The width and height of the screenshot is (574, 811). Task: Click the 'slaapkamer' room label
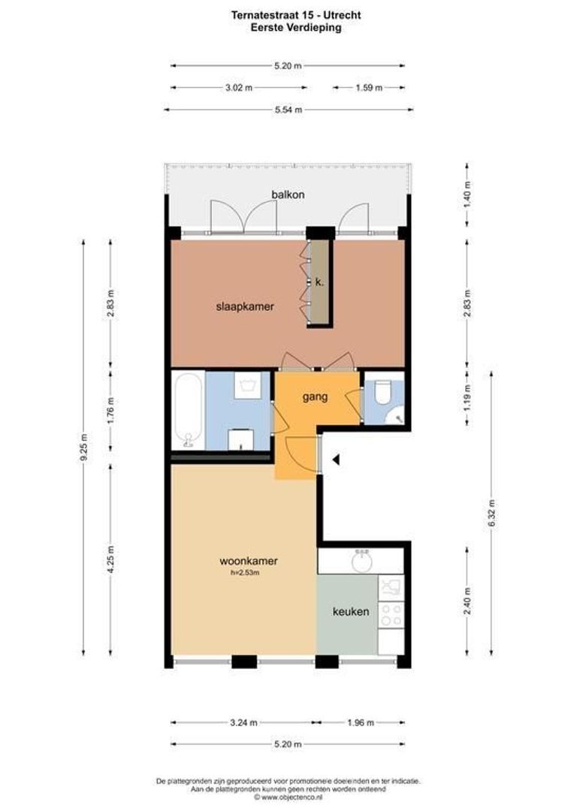(x=245, y=306)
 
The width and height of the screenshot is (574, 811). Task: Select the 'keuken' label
(x=351, y=611)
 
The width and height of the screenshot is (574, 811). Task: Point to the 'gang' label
(x=315, y=397)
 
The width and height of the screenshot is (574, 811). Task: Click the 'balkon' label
(x=288, y=194)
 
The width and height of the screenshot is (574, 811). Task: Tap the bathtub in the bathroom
(x=188, y=411)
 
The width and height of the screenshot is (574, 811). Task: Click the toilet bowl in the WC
(x=382, y=393)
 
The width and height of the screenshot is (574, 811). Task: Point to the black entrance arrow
(x=337, y=459)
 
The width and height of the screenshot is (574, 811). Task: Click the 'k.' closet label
(x=319, y=282)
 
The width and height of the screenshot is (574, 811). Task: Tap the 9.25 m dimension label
(x=84, y=448)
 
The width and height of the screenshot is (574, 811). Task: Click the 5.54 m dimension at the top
(x=289, y=110)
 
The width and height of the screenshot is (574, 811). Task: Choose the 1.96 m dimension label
(x=361, y=722)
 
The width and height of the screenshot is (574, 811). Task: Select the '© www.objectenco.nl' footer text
(x=288, y=797)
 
